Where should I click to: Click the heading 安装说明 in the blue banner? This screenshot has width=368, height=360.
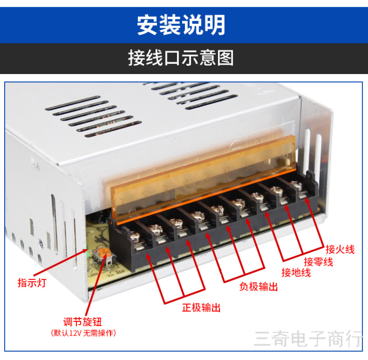181,25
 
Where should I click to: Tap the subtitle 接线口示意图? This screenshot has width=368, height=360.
181,58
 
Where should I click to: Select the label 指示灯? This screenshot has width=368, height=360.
32,283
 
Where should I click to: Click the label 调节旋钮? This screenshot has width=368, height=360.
82,322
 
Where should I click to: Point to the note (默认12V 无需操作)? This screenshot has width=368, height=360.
83,333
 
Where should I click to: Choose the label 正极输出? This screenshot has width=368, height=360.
201,308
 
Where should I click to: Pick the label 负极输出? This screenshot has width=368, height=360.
259,286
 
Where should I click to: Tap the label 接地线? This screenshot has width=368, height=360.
296,273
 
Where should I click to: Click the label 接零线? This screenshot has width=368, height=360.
318,262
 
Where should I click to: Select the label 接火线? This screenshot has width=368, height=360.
340,249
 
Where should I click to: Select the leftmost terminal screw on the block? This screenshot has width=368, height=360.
135,237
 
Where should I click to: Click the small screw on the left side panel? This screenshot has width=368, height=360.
40,243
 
